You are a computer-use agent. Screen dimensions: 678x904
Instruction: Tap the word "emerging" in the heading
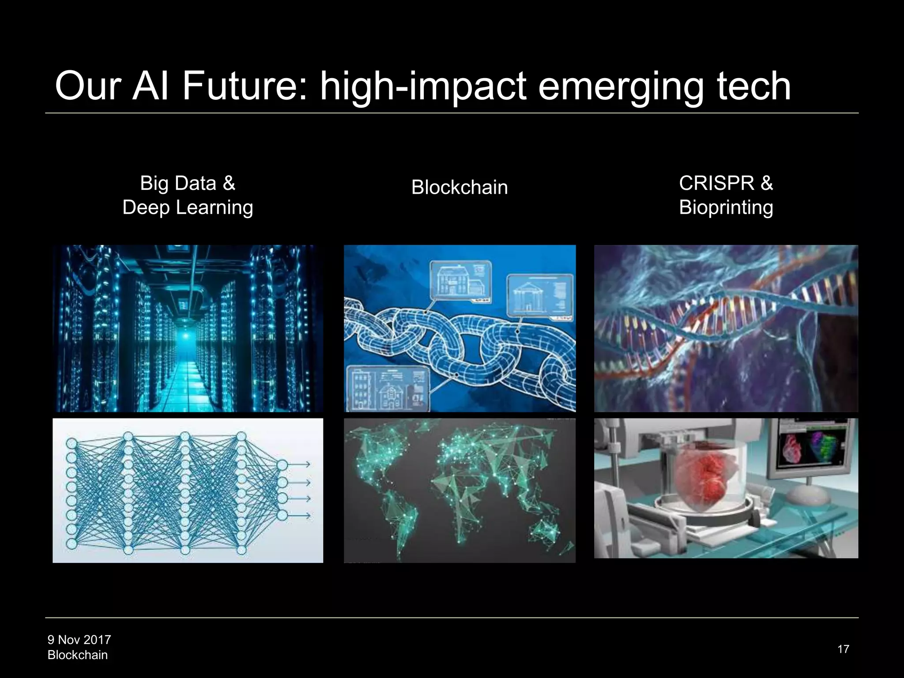tap(620, 86)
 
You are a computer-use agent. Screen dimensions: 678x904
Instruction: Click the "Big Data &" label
tap(188, 183)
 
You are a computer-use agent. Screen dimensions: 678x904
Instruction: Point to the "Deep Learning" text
tap(188, 207)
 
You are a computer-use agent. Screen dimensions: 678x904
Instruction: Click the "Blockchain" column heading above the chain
tap(460, 188)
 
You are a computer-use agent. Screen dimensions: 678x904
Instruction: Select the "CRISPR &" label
tap(726, 183)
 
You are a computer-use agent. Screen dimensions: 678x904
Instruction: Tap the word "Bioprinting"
tap(726, 207)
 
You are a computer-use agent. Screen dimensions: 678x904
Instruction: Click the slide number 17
tap(843, 649)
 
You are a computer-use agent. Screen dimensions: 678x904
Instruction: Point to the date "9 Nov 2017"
tap(79, 640)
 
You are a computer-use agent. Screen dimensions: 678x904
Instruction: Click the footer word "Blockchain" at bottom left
tap(78, 655)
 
